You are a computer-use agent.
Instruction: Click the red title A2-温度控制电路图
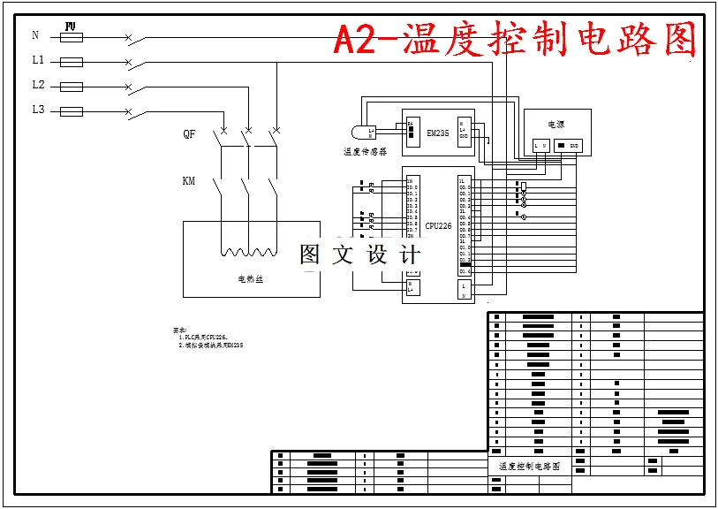[515, 40]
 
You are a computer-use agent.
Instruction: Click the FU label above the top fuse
[72, 27]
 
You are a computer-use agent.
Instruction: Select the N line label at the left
[35, 36]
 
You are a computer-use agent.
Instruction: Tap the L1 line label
[38, 61]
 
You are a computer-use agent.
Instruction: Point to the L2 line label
[38, 86]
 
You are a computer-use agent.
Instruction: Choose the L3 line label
[38, 110]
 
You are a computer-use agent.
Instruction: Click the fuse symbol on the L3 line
[72, 111]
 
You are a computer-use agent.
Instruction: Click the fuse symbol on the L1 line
[72, 62]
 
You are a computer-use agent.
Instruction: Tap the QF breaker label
[189, 134]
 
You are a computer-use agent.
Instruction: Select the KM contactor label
[188, 181]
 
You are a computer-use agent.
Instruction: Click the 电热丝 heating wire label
[251, 279]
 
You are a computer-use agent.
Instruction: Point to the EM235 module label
[438, 133]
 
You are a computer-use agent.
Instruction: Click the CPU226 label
[438, 226]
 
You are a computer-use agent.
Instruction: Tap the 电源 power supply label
[556, 125]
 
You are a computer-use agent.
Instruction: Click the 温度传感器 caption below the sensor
[366, 152]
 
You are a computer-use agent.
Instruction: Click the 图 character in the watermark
[310, 255]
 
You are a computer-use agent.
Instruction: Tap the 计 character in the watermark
[410, 255]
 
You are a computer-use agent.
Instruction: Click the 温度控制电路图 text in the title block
[529, 466]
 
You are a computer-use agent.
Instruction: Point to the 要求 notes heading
[179, 330]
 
